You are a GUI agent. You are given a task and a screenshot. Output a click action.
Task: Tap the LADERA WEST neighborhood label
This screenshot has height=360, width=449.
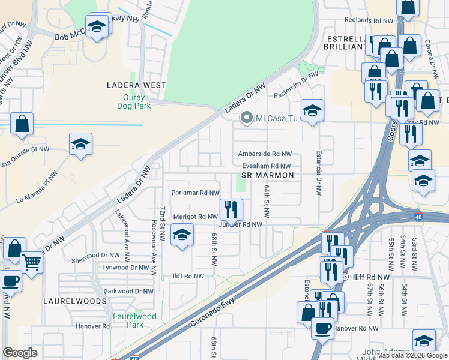point(136,85)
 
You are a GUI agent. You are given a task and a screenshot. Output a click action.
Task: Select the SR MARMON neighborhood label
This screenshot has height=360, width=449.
point(267,175)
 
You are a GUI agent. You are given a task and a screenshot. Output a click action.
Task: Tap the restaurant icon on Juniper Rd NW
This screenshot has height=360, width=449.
point(231,209)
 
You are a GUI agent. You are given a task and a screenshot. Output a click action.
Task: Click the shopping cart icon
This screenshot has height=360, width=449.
point(31,262)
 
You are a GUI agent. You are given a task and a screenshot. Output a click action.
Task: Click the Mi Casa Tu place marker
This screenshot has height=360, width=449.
point(246,118)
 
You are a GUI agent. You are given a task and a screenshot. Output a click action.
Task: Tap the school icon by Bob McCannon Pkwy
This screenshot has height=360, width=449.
point(96,27)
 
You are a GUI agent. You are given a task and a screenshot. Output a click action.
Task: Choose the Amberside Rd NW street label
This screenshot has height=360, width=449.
point(265,154)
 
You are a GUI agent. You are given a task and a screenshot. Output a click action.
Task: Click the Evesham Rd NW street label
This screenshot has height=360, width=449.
point(267,166)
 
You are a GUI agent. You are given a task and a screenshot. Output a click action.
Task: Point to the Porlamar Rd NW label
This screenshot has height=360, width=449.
point(195,193)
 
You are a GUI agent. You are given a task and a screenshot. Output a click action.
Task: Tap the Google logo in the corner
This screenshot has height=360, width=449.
point(20,353)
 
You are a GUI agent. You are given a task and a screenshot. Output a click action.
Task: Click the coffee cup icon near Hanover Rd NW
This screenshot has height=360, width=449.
point(322,328)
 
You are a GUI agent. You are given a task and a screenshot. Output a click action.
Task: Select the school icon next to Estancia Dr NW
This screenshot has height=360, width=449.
point(312,110)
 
